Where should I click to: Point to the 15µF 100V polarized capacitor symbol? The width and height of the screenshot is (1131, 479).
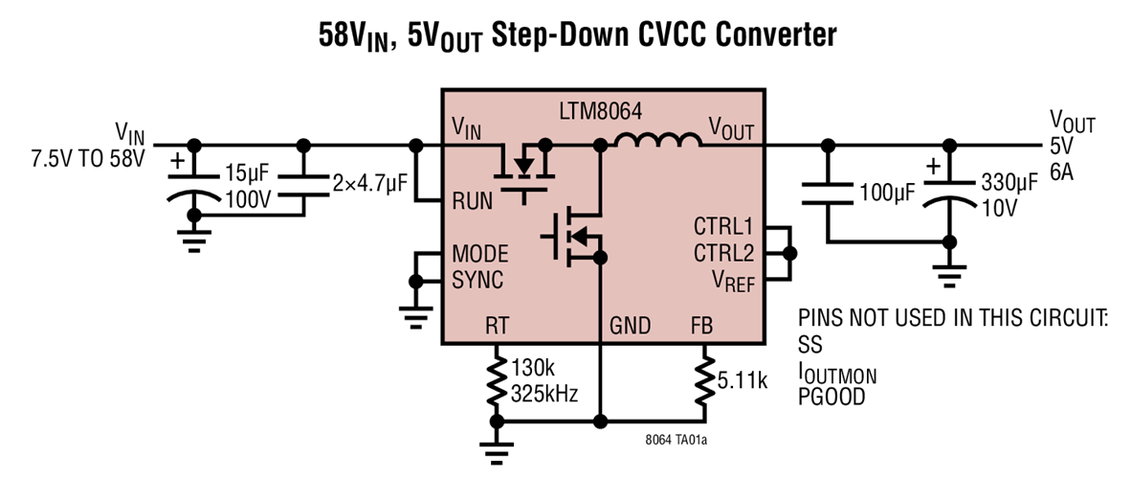[x=195, y=189]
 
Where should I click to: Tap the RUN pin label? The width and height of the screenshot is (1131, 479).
[x=472, y=201]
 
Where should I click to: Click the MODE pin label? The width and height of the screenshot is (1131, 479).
[x=480, y=254]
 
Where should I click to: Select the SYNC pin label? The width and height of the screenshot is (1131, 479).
[x=477, y=281]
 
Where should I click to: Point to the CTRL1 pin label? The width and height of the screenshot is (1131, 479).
[x=723, y=228]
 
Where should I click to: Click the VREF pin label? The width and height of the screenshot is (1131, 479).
[x=732, y=282]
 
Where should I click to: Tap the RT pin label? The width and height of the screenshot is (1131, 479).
[x=497, y=326]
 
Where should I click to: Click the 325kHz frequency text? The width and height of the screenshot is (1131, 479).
[x=544, y=394]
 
